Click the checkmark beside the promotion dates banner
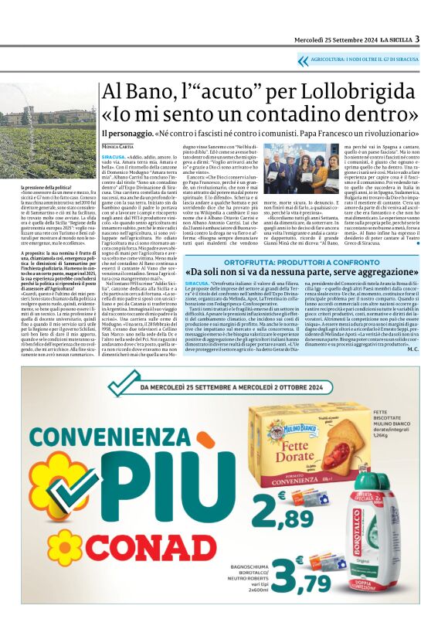[x=120, y=384]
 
